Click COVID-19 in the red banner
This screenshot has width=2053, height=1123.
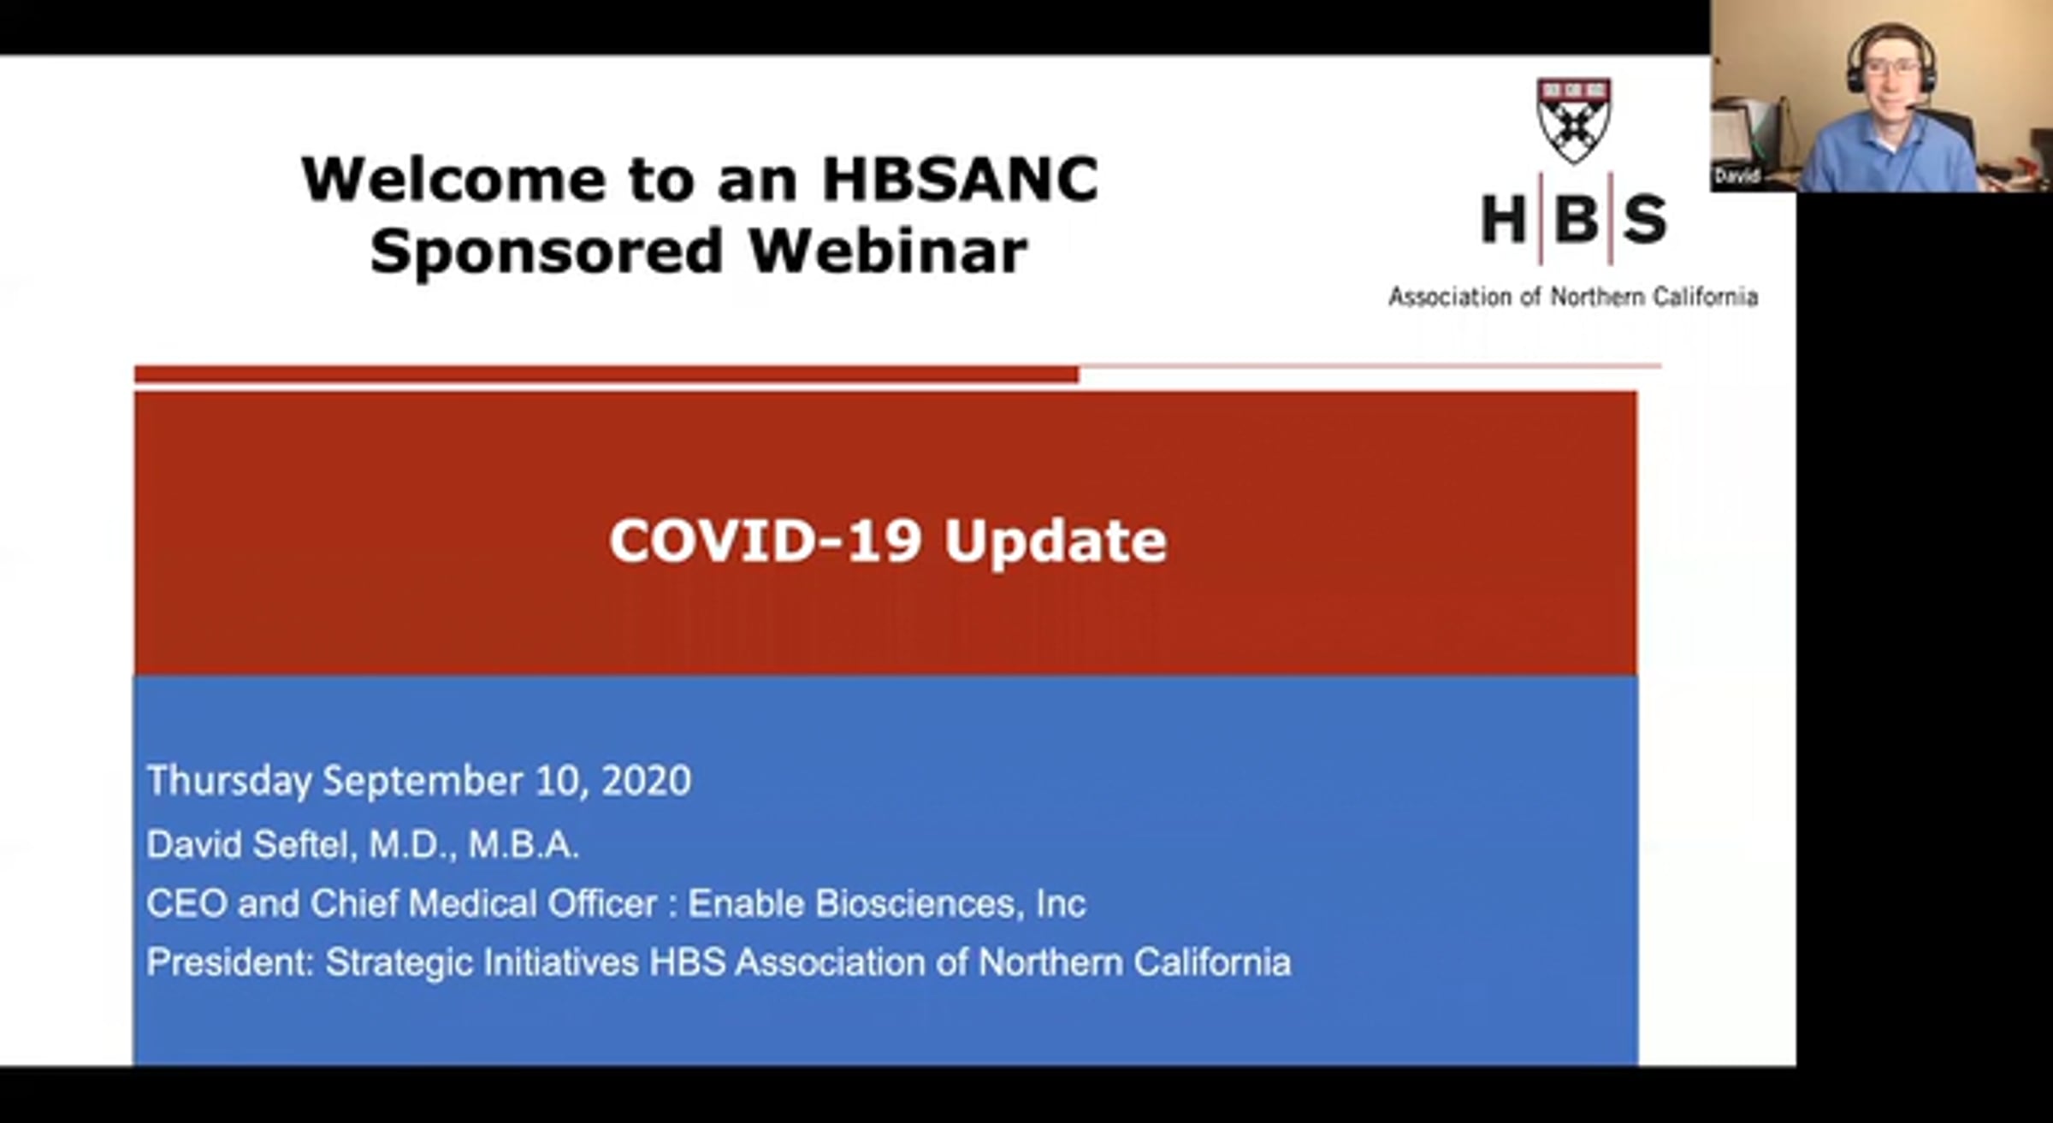click(x=765, y=541)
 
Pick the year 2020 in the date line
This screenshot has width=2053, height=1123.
click(x=646, y=781)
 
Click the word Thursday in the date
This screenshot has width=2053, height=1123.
click(x=229, y=782)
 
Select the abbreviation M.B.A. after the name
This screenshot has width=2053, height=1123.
click(x=524, y=845)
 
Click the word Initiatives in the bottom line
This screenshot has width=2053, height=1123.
click(x=561, y=962)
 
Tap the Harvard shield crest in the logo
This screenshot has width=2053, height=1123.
click(x=1574, y=121)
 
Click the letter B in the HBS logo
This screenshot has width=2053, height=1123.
click(x=1576, y=219)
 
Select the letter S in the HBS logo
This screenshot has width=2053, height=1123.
click(x=1645, y=219)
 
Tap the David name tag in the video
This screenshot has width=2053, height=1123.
click(x=1736, y=176)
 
